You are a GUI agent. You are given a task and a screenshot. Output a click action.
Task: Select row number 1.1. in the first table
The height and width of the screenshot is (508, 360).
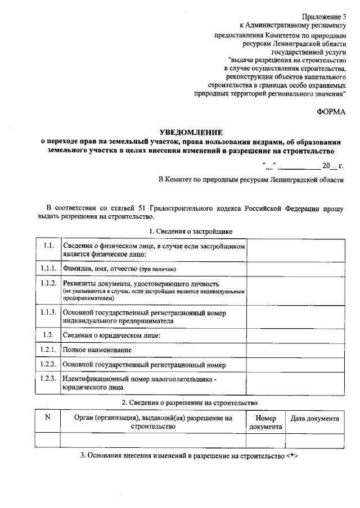(x=48, y=246)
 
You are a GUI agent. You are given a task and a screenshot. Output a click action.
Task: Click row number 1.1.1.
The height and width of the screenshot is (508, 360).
(x=48, y=268)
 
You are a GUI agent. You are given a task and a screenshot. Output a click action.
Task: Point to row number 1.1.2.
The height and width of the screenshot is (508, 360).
(x=48, y=283)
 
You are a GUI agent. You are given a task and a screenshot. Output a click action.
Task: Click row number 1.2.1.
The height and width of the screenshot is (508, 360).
(x=48, y=350)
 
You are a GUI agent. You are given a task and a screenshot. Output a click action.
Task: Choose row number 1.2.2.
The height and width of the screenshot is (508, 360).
(x=48, y=364)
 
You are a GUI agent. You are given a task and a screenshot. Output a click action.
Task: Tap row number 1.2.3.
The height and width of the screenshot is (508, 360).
(x=48, y=378)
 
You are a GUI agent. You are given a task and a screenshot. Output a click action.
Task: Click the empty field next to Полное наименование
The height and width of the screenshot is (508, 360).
(x=296, y=350)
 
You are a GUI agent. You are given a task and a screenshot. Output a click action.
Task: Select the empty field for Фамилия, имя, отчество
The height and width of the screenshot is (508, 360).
(x=296, y=269)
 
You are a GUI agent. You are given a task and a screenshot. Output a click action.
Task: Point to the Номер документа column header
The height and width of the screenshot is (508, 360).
(x=265, y=423)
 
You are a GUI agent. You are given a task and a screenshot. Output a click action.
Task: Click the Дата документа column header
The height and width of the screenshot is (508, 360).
(x=314, y=419)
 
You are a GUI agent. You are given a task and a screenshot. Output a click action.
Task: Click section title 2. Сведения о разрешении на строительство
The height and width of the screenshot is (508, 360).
(x=190, y=402)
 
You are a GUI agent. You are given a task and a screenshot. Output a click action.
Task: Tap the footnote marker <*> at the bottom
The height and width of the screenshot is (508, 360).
(x=291, y=455)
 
